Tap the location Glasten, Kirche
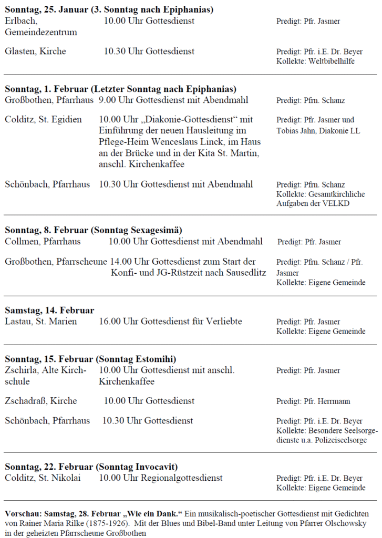35,51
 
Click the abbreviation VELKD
336,203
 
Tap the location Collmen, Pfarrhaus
43,242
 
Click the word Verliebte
223,321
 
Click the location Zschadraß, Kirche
40,401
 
